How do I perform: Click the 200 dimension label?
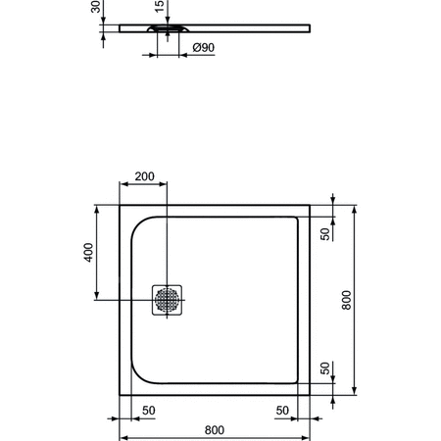coord(143,176)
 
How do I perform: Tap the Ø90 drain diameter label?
coord(204,48)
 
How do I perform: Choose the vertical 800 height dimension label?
coord(346,300)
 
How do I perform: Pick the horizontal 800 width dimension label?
coord(215,429)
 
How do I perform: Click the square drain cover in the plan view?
coord(167,299)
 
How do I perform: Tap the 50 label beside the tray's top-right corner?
coord(326,232)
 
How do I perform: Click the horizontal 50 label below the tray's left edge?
coord(149,410)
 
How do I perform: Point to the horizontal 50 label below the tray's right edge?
coord(281,410)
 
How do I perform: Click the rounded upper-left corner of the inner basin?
coord(138,223)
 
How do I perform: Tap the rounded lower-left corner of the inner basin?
coord(138,376)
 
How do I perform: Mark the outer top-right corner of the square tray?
coord(311,206)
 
